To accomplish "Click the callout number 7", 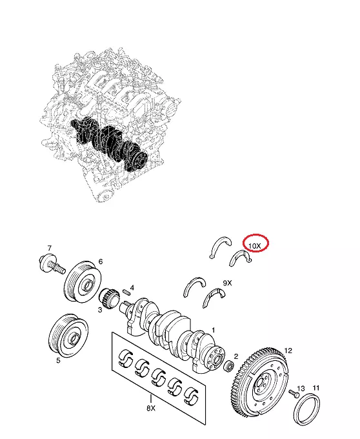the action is [50, 248].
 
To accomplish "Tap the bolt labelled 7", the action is [52, 263].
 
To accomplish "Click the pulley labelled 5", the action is [68, 336].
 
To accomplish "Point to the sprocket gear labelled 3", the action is [108, 298].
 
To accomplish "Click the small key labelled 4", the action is [126, 292].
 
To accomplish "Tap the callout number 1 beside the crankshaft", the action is [213, 331].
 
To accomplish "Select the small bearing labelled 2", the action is [230, 366].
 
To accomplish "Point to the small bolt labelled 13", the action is [294, 394].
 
